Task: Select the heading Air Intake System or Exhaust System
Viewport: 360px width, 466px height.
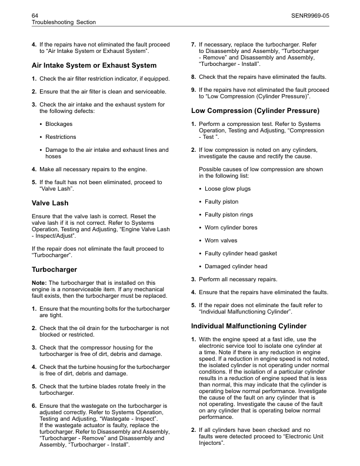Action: pyautogui.click(x=94, y=65)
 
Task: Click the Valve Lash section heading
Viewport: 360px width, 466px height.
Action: pyautogui.click(x=49, y=203)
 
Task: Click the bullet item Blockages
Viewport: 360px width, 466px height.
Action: pyautogui.click(x=59, y=124)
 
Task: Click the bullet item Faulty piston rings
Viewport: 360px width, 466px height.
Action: pyautogui.click(x=230, y=214)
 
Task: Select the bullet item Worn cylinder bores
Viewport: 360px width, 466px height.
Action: pyautogui.click(x=232, y=227)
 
